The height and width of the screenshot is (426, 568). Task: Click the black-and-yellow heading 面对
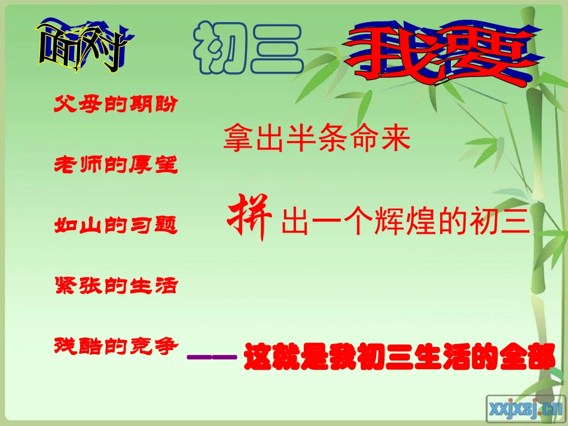(x=82, y=47)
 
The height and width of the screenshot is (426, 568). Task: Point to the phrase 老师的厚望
(x=116, y=164)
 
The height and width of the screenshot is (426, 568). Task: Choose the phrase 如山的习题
(x=116, y=225)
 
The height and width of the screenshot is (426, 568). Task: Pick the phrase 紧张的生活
(x=116, y=284)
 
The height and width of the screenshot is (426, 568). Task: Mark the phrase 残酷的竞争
(x=116, y=345)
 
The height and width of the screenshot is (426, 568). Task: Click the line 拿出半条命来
(x=317, y=139)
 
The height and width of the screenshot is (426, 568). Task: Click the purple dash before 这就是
(x=212, y=358)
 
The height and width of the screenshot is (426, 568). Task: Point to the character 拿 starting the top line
(x=237, y=139)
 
